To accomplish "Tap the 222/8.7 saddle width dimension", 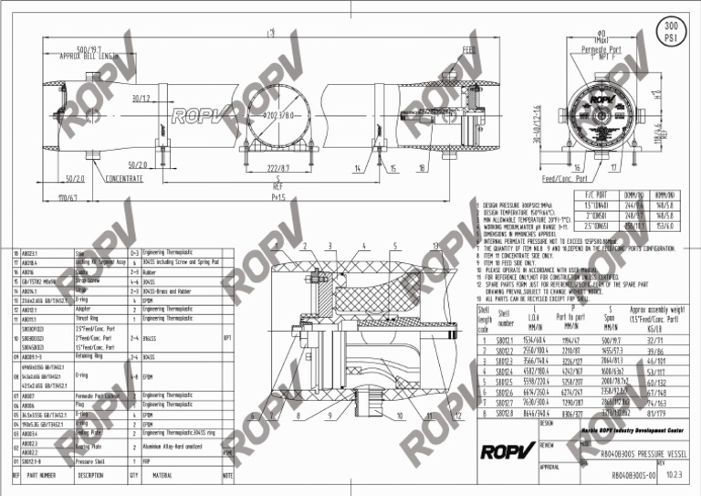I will click(278, 169).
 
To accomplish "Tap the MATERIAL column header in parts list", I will click(162, 476).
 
